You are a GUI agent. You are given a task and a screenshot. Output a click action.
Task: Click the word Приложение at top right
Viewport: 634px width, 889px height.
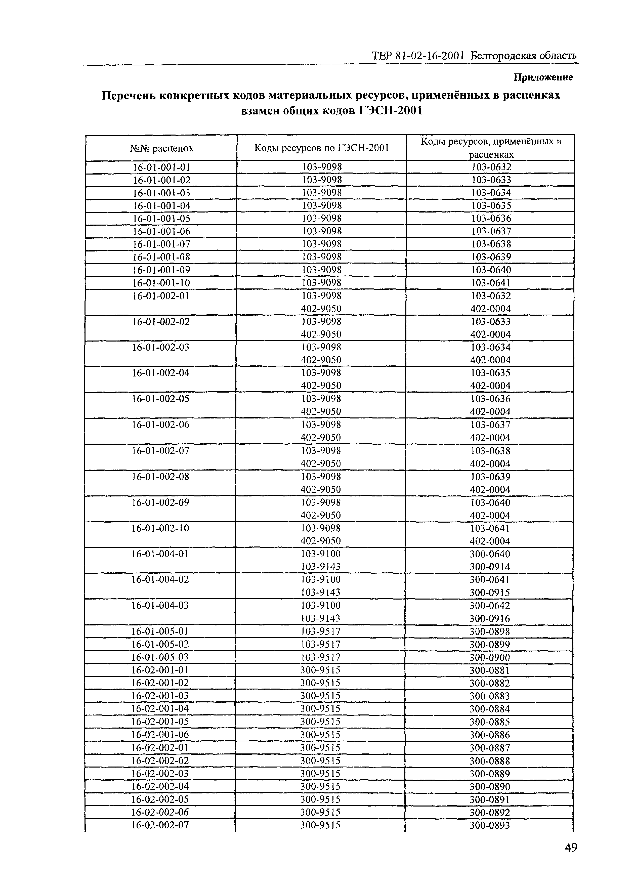pos(543,77)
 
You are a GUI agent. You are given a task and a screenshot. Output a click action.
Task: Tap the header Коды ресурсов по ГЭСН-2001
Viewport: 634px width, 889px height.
pos(321,148)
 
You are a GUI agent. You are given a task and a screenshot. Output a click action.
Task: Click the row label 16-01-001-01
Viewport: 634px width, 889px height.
pos(161,167)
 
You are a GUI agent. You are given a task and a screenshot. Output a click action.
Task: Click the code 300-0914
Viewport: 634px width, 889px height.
pos(490,567)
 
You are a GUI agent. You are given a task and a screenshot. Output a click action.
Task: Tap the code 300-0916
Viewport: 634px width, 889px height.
pos(490,618)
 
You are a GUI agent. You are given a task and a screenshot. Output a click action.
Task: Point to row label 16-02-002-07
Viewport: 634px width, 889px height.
pos(160,825)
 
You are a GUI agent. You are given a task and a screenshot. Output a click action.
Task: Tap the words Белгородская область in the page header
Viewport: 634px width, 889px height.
pos(523,56)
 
